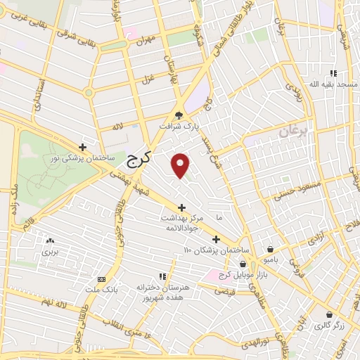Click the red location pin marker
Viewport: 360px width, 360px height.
point(181,165)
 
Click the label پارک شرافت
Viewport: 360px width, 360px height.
point(193,127)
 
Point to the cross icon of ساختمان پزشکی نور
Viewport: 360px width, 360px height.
point(83,148)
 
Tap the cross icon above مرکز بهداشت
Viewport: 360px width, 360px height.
point(181,207)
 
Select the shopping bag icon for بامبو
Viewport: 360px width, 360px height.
point(271,249)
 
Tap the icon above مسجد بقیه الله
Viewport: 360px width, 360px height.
point(333,73)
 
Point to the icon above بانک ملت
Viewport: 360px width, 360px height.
point(102,279)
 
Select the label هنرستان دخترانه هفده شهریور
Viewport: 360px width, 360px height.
point(162,293)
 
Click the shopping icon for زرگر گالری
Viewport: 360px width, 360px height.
point(329,314)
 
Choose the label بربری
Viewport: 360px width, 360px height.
point(49,251)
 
